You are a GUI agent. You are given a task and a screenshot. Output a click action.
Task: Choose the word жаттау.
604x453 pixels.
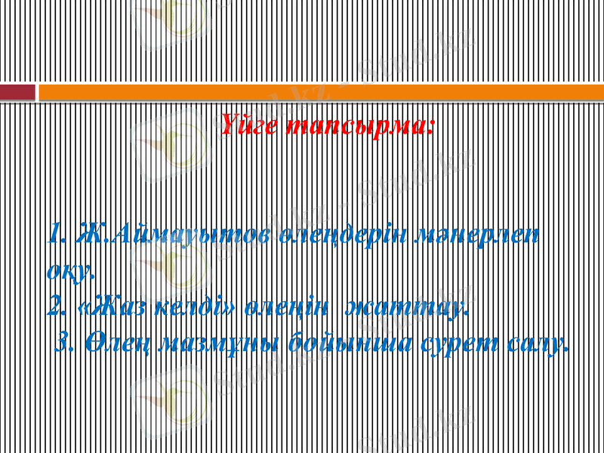pos(407,307)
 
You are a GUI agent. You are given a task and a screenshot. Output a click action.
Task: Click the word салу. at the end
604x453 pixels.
pos(535,344)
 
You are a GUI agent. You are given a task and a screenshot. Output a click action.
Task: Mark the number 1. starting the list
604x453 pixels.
pos(57,235)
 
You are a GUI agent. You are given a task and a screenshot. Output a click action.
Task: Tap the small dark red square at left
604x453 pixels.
pos(17,92)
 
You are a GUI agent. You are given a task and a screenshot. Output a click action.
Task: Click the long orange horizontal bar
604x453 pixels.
pos(321,92)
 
